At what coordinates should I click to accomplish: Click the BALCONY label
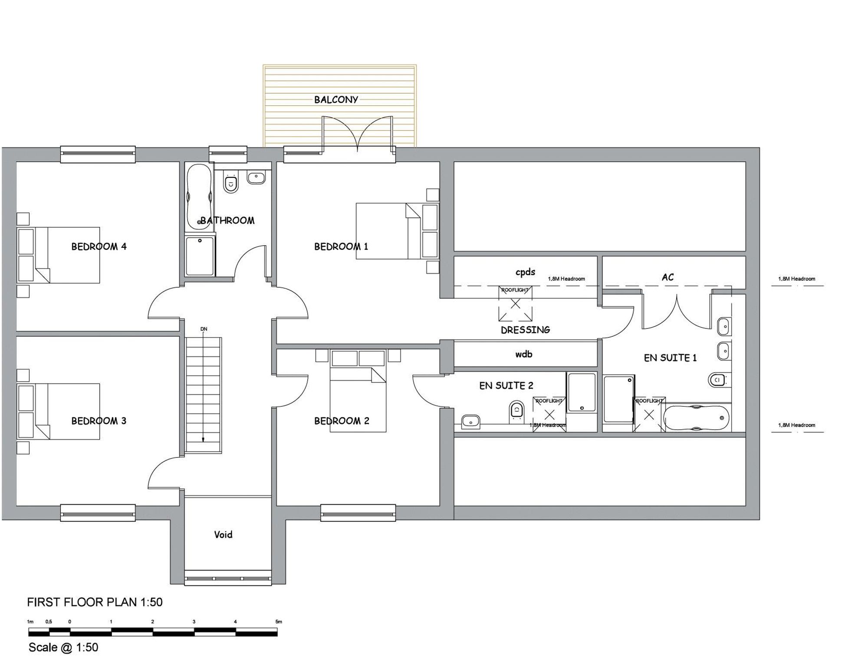336,99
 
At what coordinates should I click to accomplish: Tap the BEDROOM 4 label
99,246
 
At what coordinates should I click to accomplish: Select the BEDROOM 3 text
99,420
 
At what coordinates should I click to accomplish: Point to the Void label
223,535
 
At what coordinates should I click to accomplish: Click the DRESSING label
525,330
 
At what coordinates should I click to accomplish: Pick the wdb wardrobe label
524,354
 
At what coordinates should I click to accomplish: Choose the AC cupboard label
667,277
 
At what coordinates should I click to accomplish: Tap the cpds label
525,272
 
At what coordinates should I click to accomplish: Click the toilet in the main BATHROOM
230,182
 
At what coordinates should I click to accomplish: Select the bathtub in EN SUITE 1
696,418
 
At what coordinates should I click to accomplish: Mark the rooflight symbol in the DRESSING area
515,304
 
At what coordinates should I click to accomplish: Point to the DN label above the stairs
204,329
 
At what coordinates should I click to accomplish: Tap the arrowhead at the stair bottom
203,440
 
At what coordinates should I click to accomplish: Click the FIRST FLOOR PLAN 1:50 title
95,602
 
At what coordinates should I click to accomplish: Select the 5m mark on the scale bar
279,622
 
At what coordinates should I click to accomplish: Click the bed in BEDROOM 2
358,391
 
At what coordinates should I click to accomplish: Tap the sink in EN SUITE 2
470,420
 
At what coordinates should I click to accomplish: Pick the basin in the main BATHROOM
256,177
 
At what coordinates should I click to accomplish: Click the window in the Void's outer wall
228,578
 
